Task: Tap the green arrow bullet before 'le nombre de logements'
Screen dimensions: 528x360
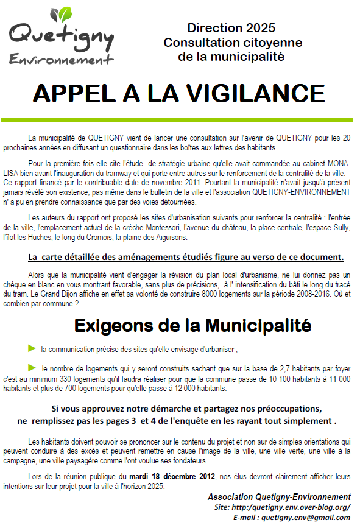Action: point(32,367)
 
